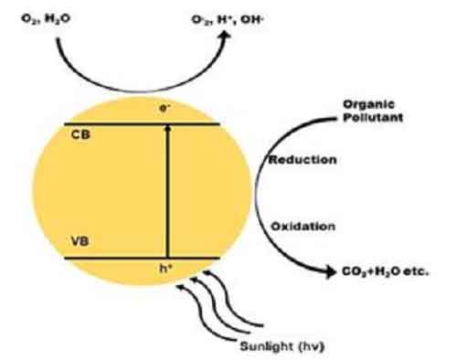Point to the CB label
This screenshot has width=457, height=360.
point(78,133)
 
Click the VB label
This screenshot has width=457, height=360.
point(77,242)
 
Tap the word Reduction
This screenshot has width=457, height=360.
point(301,160)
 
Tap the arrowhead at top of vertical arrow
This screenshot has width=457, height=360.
point(165,128)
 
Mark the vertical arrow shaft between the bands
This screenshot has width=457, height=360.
point(165,192)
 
